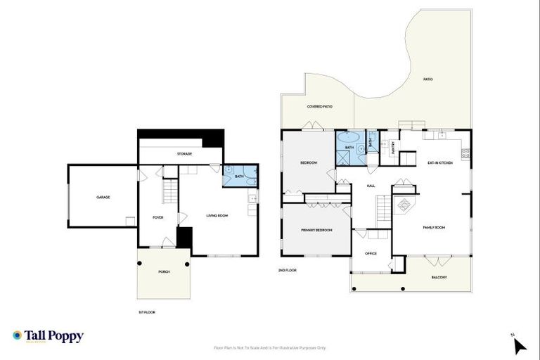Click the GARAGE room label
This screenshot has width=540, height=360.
(103, 198)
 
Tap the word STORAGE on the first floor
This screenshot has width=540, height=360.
(184, 153)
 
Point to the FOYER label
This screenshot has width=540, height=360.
(158, 217)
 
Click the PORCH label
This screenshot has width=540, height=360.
(164, 271)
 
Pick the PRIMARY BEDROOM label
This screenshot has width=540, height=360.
(316, 230)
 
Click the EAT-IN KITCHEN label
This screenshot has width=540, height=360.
(440, 163)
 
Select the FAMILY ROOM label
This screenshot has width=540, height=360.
(434, 228)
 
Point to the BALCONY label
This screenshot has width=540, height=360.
(439, 277)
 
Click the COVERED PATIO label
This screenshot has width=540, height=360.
(319, 106)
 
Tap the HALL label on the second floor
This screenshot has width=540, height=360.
(371, 186)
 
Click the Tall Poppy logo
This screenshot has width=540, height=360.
(48, 336)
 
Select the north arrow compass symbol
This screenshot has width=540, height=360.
(519, 345)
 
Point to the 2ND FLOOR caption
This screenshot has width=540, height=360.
(287, 269)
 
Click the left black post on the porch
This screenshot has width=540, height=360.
(140, 264)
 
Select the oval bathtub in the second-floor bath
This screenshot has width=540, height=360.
(349, 139)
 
